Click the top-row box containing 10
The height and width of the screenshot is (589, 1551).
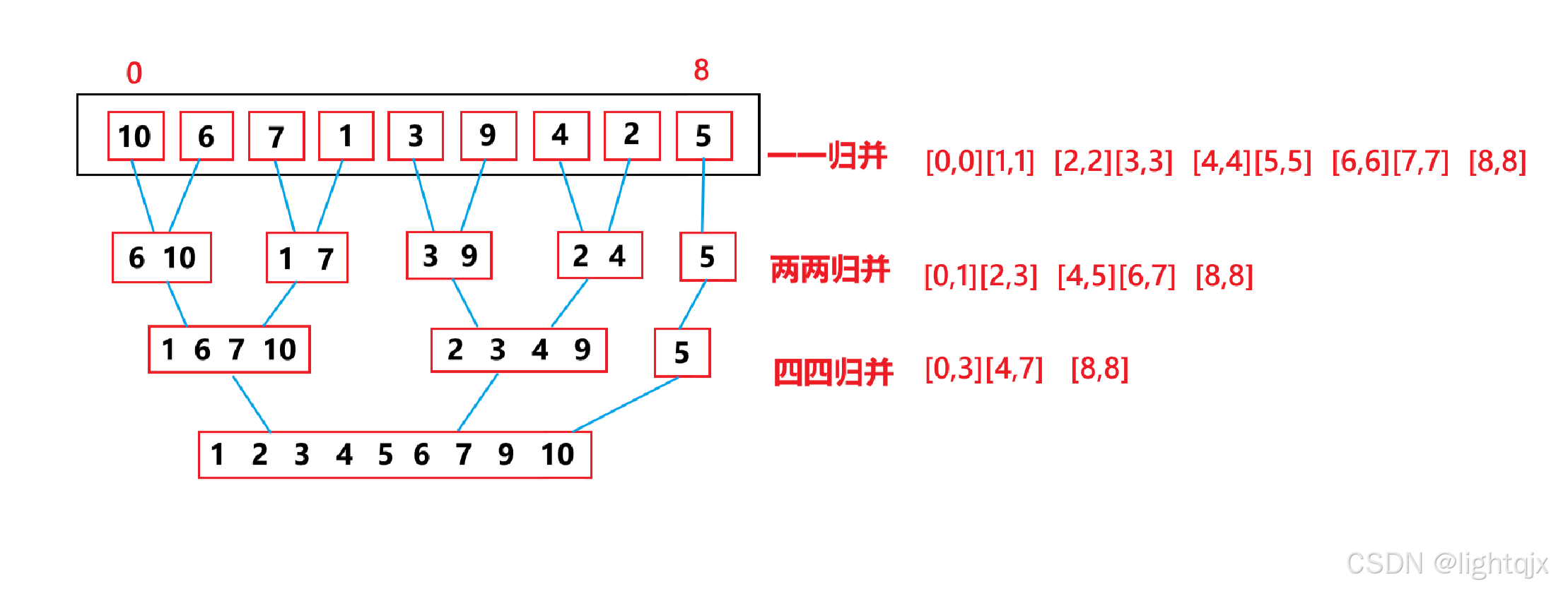[136, 136]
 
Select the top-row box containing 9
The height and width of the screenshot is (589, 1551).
[488, 136]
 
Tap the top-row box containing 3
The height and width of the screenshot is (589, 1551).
[416, 136]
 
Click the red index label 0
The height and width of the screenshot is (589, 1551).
[134, 73]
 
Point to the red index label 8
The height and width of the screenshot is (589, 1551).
[701, 70]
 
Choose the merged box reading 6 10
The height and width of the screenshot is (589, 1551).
[162, 257]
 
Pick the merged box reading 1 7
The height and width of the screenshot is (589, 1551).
[307, 258]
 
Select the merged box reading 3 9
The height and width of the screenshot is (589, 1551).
[449, 256]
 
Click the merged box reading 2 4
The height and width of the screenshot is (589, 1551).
[599, 256]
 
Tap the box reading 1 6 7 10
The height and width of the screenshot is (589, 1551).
[229, 350]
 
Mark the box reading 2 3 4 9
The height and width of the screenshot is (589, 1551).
[519, 350]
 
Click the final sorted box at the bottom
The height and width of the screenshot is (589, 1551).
[394, 455]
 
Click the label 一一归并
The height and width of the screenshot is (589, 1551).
[828, 156]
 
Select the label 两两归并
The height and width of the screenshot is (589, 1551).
[830, 270]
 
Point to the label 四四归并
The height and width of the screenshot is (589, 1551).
[833, 371]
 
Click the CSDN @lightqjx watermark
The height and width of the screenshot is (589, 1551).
[1446, 564]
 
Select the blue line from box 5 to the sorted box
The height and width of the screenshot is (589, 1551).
[626, 405]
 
